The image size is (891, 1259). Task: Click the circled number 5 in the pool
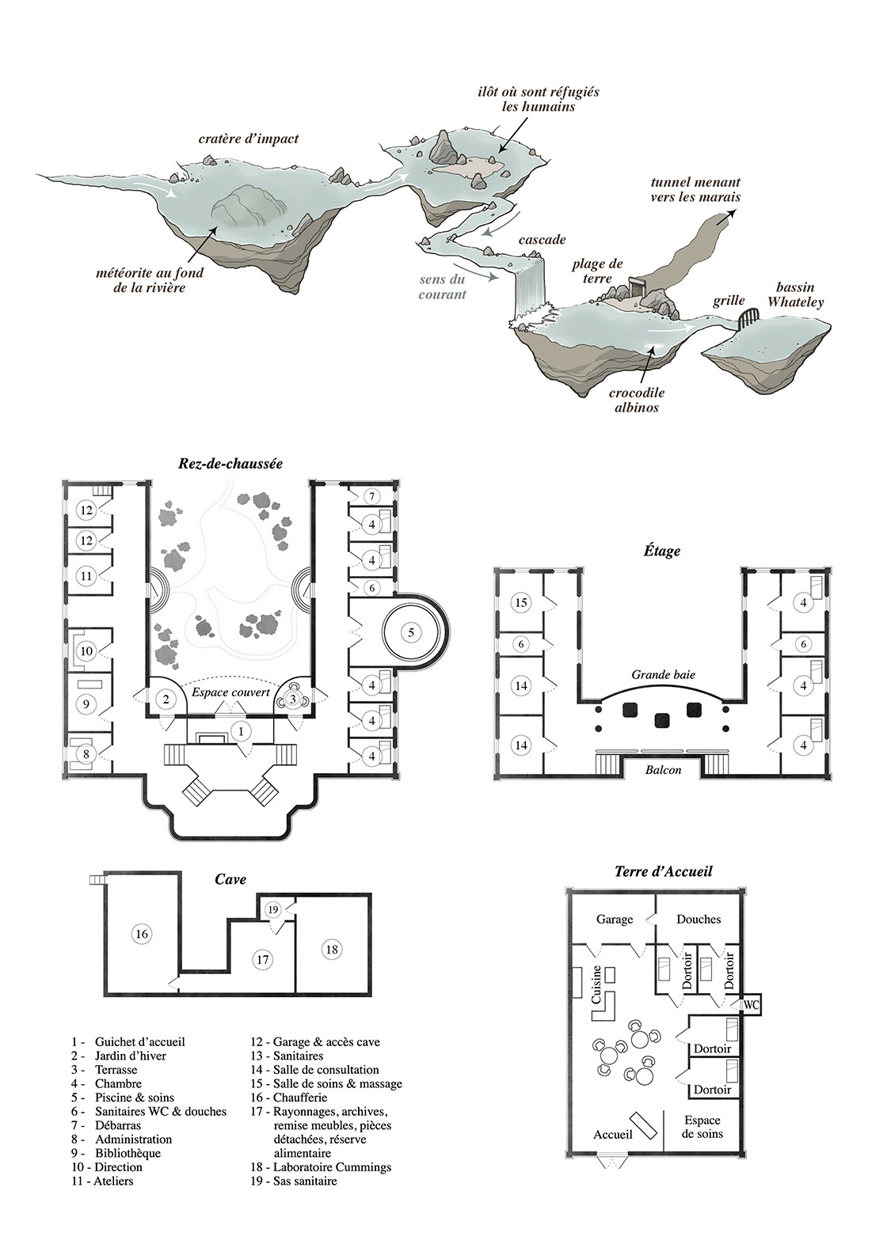(410, 631)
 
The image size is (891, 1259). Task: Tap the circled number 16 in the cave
(141, 934)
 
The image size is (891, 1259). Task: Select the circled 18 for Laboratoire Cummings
(331, 950)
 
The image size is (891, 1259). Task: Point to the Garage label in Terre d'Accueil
(615, 920)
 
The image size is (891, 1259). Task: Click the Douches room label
(699, 919)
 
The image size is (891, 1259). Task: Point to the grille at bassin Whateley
(748, 319)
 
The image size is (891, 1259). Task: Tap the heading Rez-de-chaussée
(230, 464)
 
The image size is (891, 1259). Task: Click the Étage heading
(662, 552)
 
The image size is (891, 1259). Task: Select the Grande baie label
(663, 674)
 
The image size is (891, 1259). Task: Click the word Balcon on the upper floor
(663, 769)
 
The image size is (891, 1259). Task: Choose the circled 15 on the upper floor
(521, 602)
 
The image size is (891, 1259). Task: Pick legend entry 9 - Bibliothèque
(116, 1153)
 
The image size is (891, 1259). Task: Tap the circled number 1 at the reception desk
(241, 731)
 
